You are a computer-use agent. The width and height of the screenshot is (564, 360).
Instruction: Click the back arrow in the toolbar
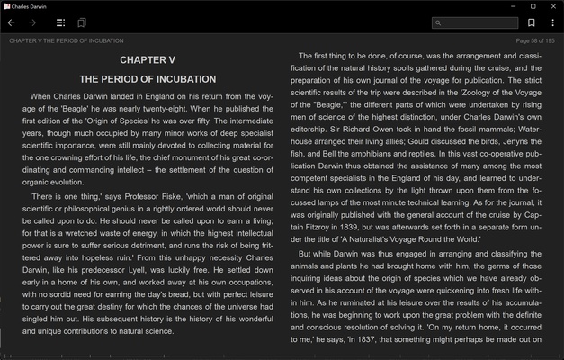(x=11, y=22)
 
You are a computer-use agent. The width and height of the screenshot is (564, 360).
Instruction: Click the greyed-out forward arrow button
(x=33, y=22)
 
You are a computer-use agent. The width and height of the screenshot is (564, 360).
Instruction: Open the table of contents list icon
(x=60, y=22)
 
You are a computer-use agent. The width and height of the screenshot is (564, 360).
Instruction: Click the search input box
(x=478, y=22)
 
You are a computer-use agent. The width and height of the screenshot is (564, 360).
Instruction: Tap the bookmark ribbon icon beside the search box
(x=532, y=22)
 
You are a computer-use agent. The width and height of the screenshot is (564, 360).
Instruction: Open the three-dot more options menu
(x=552, y=22)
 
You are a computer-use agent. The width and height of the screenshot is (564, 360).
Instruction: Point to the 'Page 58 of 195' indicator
(x=534, y=40)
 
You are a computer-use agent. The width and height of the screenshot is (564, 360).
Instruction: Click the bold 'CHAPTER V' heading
(x=148, y=60)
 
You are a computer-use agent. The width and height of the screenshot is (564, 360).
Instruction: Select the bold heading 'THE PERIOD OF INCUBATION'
(x=148, y=79)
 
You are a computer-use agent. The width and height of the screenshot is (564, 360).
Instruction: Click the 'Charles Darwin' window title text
(x=30, y=6)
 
